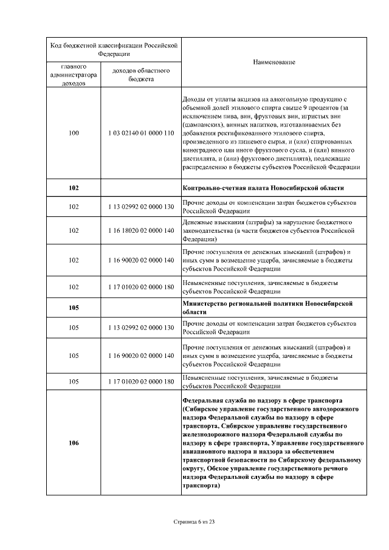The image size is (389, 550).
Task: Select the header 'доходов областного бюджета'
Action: pos(140,75)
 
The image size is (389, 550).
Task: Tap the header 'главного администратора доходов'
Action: pos(74,75)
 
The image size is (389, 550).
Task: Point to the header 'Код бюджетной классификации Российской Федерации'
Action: pos(114,49)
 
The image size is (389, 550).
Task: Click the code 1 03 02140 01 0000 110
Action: pos(140,132)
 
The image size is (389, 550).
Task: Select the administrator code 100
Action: pos(74,132)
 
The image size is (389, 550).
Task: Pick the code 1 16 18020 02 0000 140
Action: pos(140,230)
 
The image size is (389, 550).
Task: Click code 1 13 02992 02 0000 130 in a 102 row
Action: pos(140,206)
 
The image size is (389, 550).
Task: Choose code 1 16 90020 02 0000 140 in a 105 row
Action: pos(140,355)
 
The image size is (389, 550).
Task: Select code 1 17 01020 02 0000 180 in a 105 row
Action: pos(140,381)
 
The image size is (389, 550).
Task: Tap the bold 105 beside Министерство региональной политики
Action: pos(74,308)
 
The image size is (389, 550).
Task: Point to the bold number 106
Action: pos(74,443)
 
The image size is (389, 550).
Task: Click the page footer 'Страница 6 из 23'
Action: pos(194,521)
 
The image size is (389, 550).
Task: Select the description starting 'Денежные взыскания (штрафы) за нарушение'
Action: pos(267,230)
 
